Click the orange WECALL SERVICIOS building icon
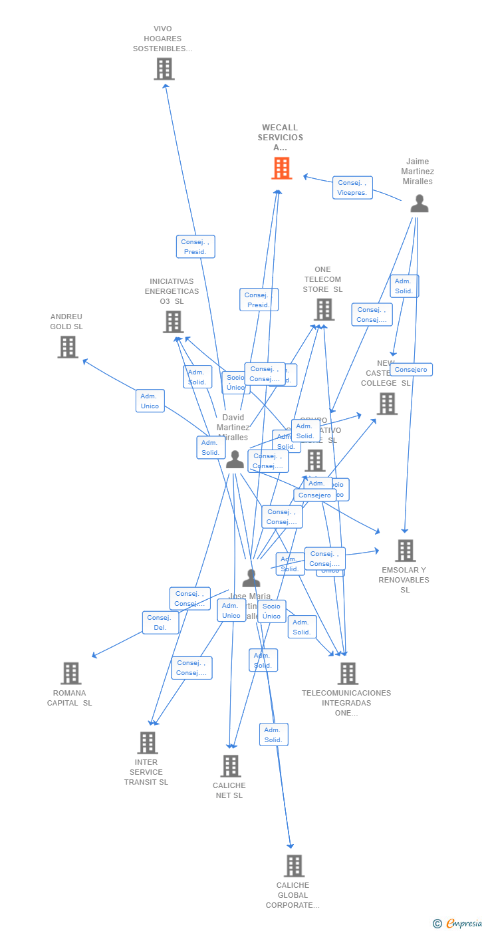pos(281,168)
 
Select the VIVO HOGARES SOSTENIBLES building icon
pos(164,68)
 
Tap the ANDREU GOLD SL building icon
pos(67,346)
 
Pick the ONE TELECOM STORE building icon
pos(324,309)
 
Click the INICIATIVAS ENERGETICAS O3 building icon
pos(173,322)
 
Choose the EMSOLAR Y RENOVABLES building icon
pos(405,551)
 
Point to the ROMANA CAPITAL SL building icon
pos(70,673)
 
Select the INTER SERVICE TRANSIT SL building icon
pos(147,743)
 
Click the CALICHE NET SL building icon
pos(230,766)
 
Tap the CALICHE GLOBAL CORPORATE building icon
pos(294,866)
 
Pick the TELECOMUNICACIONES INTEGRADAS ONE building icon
pos(347,673)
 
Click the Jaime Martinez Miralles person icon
pos(419,203)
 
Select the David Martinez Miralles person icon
pos(235,460)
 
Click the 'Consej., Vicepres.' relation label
pos(352,188)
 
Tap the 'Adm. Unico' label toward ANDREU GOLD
pos(150,401)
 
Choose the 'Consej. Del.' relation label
pos(160,622)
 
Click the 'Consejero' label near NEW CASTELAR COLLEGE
pos(411,370)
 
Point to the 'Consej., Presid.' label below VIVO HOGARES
pos(195,247)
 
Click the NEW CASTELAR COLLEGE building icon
pos(387,404)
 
